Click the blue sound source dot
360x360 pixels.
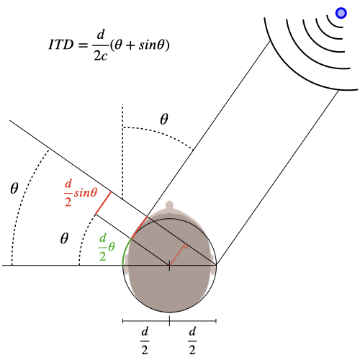pos(341,13)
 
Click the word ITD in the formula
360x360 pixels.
pos(61,45)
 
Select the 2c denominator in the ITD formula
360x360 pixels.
pos(100,56)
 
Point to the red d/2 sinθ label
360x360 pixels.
pos(81,193)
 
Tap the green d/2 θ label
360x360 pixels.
pos(107,247)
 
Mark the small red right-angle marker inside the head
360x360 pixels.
pos(186,246)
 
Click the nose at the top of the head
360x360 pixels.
pos(169,206)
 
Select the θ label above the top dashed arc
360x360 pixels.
pos(164,119)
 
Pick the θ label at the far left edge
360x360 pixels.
pos(14,188)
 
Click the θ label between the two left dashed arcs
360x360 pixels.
pos(64,238)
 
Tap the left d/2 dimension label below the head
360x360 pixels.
pos(145,341)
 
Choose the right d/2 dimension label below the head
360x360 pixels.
pos(192,341)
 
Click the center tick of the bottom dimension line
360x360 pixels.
pos(169,321)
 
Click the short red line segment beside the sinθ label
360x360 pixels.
pos(103,203)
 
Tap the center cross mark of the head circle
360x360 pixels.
pos(169,265)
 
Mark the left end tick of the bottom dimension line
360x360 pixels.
pos(123,321)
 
